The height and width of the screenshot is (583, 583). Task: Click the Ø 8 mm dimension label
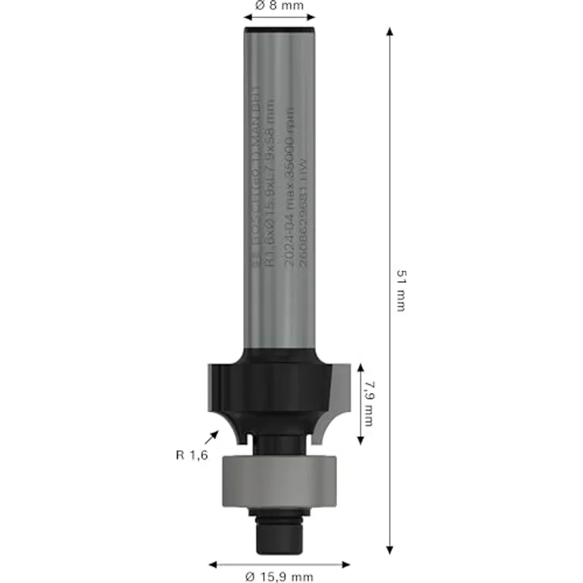(280, 6)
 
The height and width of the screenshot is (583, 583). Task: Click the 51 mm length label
(400, 289)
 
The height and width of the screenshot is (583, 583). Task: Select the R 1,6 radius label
(192, 455)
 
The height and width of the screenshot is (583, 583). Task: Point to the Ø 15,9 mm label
(279, 576)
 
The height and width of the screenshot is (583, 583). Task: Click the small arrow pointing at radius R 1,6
(213, 436)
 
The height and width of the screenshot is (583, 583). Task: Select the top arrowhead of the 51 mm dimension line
(390, 32)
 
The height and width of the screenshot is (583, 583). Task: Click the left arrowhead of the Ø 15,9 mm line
(212, 565)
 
